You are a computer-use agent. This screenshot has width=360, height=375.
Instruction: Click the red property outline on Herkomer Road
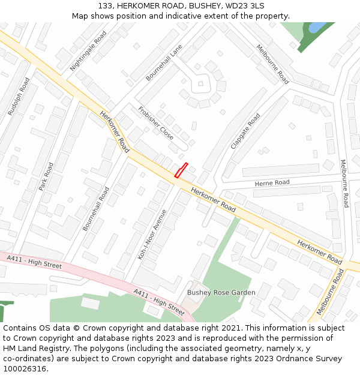click(x=181, y=170)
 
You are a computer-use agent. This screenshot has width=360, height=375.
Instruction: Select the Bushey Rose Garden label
click(x=221, y=293)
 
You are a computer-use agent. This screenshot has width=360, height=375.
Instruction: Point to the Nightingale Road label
click(x=88, y=51)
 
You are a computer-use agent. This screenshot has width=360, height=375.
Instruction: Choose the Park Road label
click(x=46, y=176)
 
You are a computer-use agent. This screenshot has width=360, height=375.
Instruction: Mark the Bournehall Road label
click(x=96, y=209)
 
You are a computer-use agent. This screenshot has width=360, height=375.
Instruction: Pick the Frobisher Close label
click(x=155, y=123)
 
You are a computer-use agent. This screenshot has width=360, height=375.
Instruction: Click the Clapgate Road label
click(x=245, y=131)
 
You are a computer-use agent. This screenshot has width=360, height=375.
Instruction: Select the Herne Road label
click(x=272, y=182)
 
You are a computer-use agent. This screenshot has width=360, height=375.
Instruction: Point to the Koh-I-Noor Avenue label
click(x=152, y=234)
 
